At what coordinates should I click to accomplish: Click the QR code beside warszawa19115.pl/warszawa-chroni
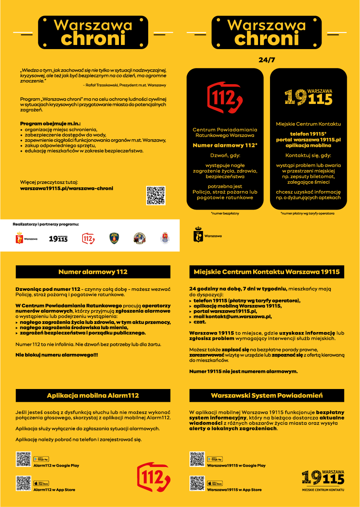click(x=156, y=196)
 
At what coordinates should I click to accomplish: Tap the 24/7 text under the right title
click(x=267, y=60)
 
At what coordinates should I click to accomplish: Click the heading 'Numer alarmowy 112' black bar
click(x=93, y=272)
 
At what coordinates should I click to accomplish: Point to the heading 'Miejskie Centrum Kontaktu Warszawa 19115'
click(x=267, y=272)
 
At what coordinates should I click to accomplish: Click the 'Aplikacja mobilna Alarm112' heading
click(x=93, y=396)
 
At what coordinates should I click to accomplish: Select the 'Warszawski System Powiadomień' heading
click(x=267, y=396)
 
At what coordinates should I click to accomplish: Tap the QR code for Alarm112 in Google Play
click(x=24, y=459)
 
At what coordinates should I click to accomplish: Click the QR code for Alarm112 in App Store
click(x=24, y=483)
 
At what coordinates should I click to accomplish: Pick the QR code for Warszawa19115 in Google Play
click(x=197, y=459)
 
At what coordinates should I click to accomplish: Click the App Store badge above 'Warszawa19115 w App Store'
click(x=215, y=483)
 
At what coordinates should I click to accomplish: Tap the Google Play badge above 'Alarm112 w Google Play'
click(x=41, y=459)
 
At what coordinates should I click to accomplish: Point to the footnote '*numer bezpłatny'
click(x=225, y=214)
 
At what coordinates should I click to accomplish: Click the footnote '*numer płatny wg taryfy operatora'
click(x=307, y=214)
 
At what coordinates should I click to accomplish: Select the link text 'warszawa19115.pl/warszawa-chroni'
click(x=66, y=189)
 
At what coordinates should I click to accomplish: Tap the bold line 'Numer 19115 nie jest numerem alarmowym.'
click(x=243, y=371)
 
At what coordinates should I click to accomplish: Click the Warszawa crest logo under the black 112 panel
click(x=198, y=235)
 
